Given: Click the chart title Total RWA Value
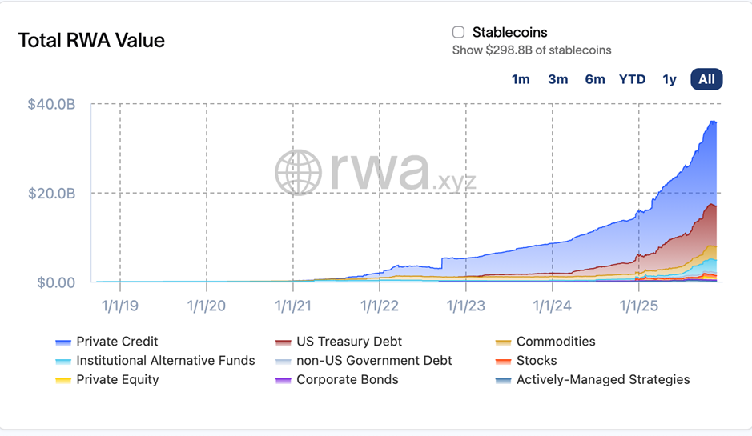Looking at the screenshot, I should pos(91,41).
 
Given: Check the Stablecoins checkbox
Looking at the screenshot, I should pos(459,33).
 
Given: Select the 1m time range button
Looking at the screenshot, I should pos(521,79).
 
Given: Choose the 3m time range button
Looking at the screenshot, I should pos(558,79).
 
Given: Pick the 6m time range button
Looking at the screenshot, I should pos(595,79).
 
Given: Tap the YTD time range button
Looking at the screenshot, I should pos(632,79).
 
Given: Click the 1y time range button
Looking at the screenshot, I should pos(670,79).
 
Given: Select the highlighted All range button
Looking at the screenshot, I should pos(706,79).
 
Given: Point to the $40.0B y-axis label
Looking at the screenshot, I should pos(51,105).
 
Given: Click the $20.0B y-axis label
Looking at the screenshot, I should pos(51,194).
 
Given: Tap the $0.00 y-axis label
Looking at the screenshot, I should pos(54,282).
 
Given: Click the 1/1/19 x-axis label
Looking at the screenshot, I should pos(121,305).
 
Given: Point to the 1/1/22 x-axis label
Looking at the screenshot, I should pos(380,305).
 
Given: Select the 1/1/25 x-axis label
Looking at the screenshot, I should pos(639,305).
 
